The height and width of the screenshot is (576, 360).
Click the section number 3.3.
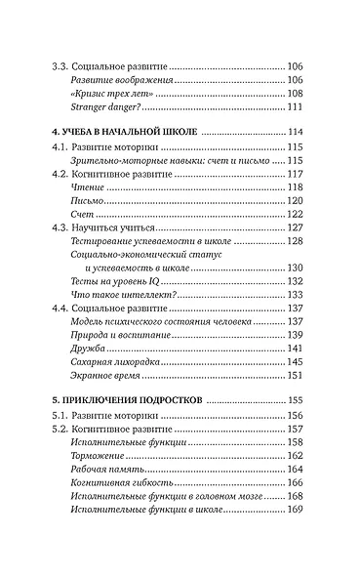click(x=60, y=66)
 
